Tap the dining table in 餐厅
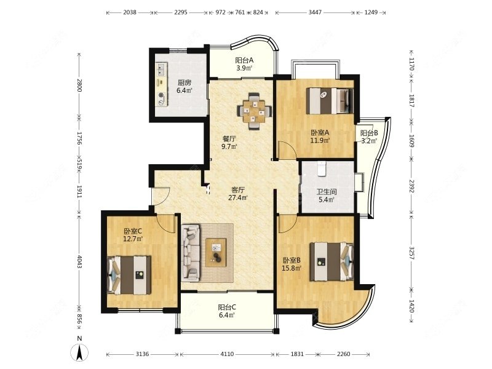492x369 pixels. [255, 111]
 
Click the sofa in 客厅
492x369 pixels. [191, 253]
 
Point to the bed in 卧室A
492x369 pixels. [330, 101]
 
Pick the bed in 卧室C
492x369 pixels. [129, 275]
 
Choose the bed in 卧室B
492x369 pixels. [331, 261]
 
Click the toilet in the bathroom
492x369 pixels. [322, 169]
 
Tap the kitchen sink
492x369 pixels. [162, 69]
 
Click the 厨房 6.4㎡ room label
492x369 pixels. [184, 87]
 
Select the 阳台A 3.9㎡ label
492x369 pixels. [244, 64]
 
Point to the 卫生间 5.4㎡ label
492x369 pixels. [327, 195]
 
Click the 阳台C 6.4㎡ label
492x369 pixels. [227, 311]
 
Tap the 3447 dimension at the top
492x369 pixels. [315, 12]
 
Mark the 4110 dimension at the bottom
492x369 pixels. [227, 354]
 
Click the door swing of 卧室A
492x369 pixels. [287, 150]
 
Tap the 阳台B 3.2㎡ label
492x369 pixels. [368, 137]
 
